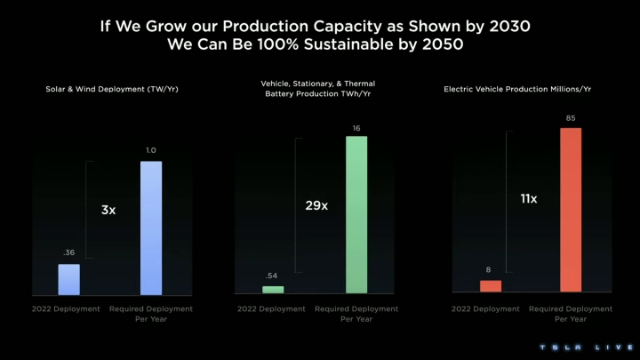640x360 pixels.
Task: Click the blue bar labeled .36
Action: (x=69, y=279)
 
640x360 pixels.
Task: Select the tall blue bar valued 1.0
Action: (x=151, y=228)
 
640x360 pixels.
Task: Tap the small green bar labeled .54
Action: (x=273, y=290)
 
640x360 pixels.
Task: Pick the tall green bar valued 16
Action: (x=356, y=214)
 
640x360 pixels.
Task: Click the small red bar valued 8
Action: (x=491, y=286)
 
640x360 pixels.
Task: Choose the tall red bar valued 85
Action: (x=571, y=210)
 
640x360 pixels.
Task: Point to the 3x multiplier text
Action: (x=108, y=211)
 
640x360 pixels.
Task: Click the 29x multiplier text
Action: (x=316, y=205)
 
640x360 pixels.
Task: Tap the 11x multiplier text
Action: (x=529, y=199)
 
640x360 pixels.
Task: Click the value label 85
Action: (x=571, y=118)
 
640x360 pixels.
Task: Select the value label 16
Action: (x=356, y=128)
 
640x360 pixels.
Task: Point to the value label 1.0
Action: (x=151, y=151)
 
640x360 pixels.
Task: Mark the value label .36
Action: (x=69, y=253)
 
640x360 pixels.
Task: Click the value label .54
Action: (x=272, y=276)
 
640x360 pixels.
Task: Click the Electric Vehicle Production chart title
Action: (x=532, y=89)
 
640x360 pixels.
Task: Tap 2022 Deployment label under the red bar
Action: (x=485, y=309)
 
